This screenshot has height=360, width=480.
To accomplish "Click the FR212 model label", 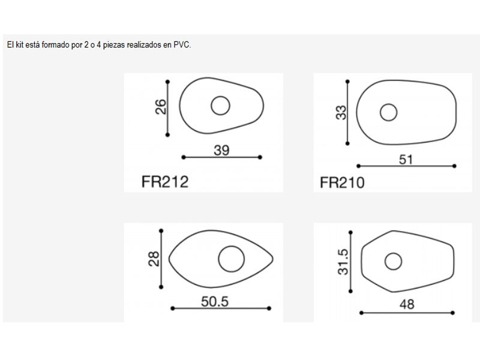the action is (x=164, y=182).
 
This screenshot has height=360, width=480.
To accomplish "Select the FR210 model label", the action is (x=342, y=183).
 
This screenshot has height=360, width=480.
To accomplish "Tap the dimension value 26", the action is (x=161, y=107).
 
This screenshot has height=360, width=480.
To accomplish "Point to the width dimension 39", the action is (x=221, y=151).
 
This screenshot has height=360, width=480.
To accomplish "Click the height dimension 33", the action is (x=341, y=112).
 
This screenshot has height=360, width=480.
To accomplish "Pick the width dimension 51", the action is (x=406, y=160).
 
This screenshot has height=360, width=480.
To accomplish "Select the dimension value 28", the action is (x=154, y=259).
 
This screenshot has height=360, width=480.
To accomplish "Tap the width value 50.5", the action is (x=215, y=302).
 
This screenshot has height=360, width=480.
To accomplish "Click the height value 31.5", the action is (x=343, y=262).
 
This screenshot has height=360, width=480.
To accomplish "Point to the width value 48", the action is (x=407, y=304).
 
